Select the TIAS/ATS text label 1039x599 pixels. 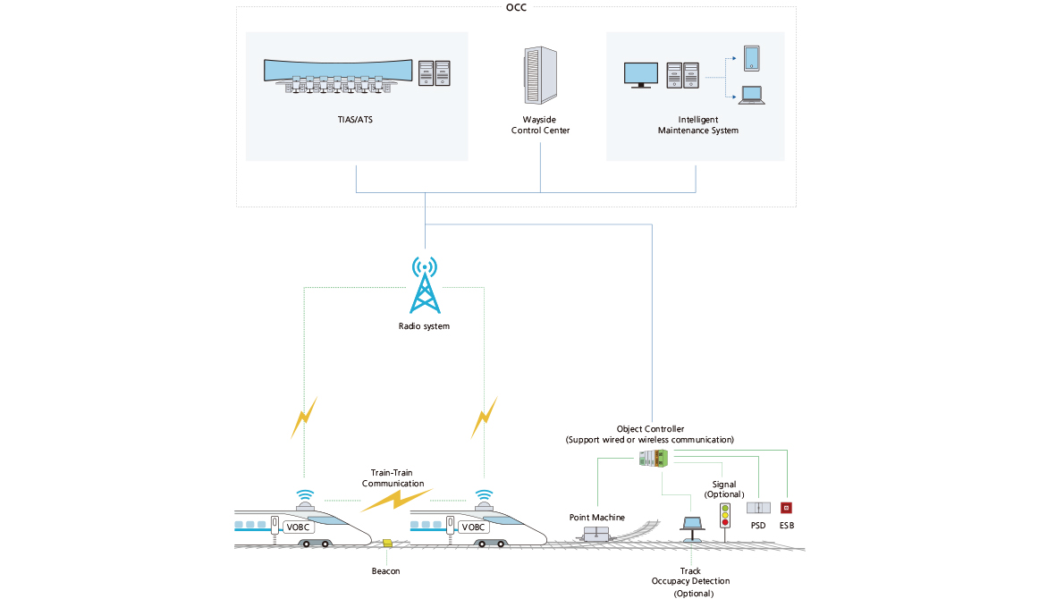point(356,119)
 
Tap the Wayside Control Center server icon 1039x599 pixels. point(539,76)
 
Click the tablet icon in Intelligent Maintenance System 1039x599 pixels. point(751,58)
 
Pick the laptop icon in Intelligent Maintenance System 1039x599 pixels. point(751,94)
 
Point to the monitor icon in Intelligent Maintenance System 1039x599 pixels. point(640,74)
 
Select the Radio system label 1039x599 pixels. point(424,326)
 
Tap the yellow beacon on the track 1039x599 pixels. point(386,543)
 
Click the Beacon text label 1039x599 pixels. point(385,570)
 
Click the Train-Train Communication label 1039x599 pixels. point(393,477)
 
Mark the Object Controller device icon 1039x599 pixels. point(654,459)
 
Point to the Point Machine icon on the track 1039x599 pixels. point(596,534)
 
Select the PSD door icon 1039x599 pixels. point(757,507)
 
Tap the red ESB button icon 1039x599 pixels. point(787,507)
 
